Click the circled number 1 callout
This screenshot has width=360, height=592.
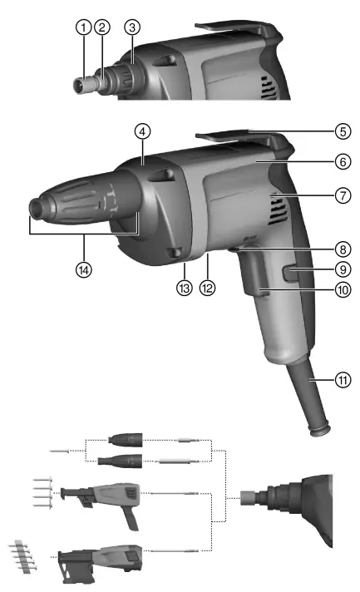pyautogui.click(x=83, y=27)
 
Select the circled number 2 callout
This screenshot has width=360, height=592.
pyautogui.click(x=102, y=27)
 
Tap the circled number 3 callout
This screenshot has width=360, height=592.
pyautogui.click(x=132, y=27)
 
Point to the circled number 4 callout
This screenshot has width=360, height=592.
pyautogui.click(x=144, y=131)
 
